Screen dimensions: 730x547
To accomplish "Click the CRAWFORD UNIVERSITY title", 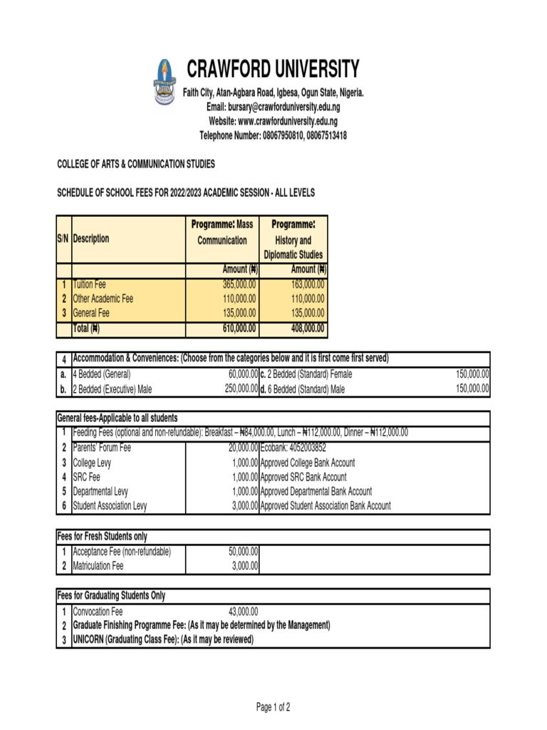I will coord(273,70).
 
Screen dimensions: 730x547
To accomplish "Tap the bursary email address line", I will coord(273,107).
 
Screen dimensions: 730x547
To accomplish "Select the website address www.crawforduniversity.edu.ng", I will coord(273,121).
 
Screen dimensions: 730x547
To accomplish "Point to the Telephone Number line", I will coord(273,135).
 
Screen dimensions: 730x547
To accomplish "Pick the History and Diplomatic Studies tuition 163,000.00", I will coord(308,284).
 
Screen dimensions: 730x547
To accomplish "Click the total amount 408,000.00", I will coord(308,329).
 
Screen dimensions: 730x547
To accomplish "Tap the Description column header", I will coord(91,239).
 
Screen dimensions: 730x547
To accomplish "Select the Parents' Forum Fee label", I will coord(102,448).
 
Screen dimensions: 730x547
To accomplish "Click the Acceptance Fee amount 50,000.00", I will coord(243,552).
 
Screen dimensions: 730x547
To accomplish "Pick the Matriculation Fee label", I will coord(98,566).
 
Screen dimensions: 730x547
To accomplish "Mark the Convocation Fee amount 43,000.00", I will coord(243,612).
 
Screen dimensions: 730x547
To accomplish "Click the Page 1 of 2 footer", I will coord(273,707).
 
